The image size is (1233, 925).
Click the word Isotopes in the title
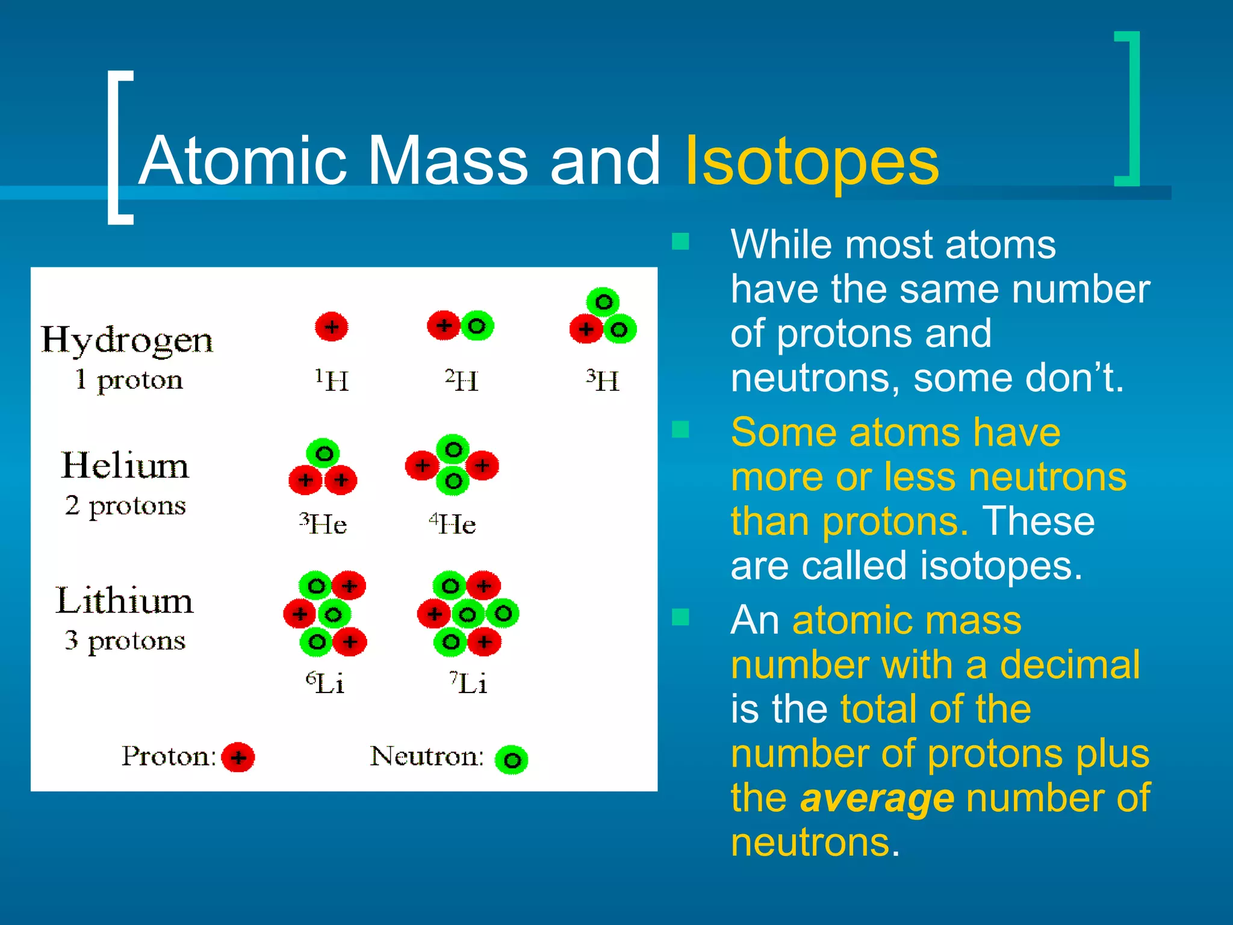(812, 161)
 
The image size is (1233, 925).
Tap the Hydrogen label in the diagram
(127, 341)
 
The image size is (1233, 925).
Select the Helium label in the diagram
(125, 466)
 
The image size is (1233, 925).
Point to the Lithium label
(125, 601)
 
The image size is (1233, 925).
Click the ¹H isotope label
(332, 381)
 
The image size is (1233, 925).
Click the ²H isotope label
(462, 381)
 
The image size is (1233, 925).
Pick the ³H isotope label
(603, 381)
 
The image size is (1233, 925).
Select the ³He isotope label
(323, 523)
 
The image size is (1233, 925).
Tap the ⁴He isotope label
(453, 523)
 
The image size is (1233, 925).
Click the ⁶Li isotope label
(325, 683)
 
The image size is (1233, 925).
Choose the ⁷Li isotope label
(468, 683)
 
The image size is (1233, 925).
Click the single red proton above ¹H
(332, 327)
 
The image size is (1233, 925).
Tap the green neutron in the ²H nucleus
(477, 326)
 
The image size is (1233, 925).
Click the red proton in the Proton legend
(238, 758)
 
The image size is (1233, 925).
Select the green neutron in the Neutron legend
(512, 760)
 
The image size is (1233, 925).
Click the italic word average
(877, 799)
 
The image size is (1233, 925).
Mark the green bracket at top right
(1128, 108)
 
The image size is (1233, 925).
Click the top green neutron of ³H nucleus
(603, 302)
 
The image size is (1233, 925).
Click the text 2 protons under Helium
(125, 505)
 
